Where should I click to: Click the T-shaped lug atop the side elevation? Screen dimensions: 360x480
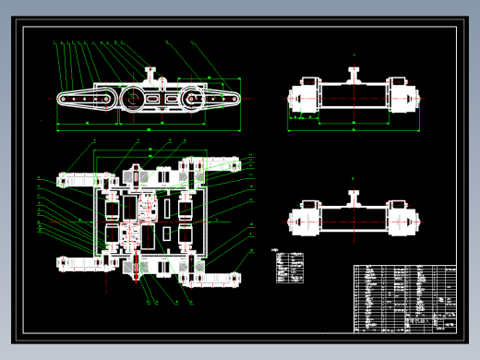[x=150, y=71]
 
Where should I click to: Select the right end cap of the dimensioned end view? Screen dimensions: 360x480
[x=404, y=98]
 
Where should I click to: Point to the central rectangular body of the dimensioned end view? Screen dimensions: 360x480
[x=354, y=96]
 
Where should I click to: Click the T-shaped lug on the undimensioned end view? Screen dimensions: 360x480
[x=354, y=196]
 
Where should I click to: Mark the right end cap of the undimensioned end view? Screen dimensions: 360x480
[x=404, y=220]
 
